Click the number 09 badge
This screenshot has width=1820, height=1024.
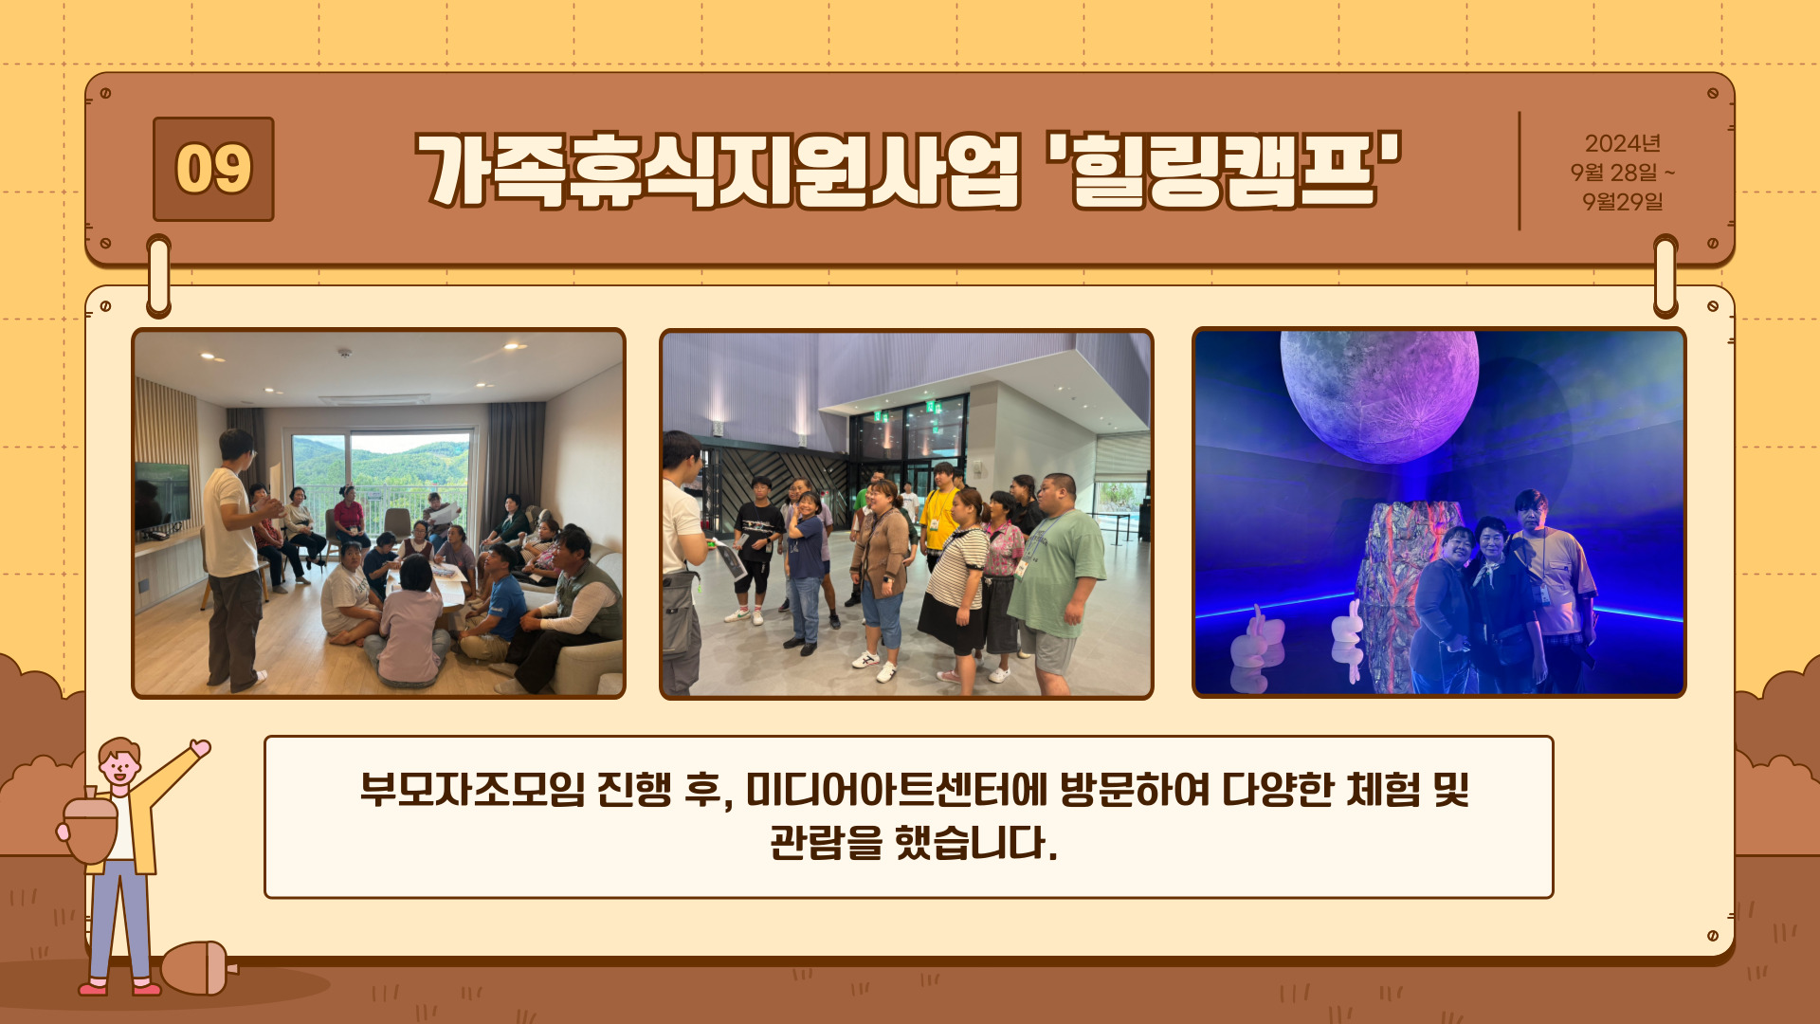coord(213,169)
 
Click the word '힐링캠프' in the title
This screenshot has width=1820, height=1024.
coord(1224,170)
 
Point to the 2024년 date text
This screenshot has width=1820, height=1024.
coord(1622,143)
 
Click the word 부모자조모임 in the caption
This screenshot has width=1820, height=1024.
coord(472,789)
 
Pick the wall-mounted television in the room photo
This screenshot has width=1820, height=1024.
coord(161,496)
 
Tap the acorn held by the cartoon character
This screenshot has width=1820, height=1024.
coord(90,828)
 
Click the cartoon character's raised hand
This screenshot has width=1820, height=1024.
coord(200,749)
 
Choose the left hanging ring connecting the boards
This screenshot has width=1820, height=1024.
coord(159,276)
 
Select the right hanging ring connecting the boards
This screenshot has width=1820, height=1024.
coord(1665,276)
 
